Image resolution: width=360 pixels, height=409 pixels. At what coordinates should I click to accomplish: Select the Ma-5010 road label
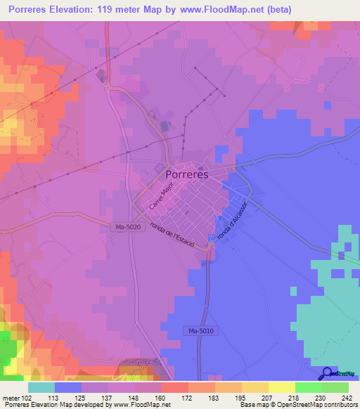coord(201,330)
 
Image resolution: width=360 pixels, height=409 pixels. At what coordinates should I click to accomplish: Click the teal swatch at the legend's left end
coord(41,387)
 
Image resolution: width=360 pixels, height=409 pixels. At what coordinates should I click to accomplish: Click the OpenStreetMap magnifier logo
coord(328,374)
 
